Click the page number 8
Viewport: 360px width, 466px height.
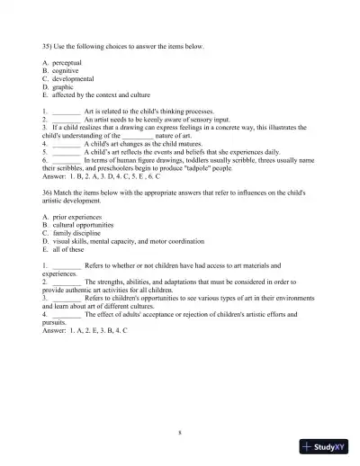tap(180, 433)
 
